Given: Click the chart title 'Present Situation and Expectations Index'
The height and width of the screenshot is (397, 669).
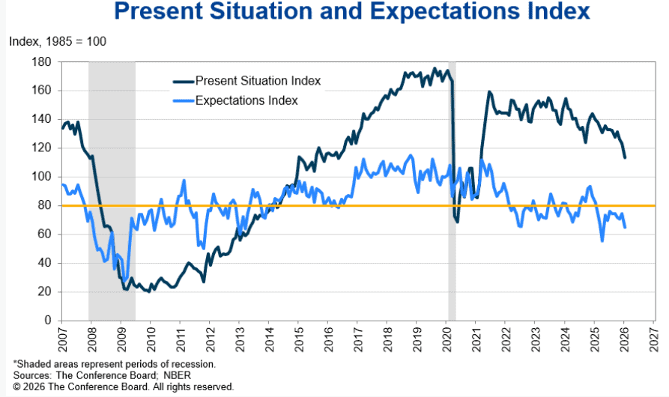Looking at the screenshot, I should coord(352,12).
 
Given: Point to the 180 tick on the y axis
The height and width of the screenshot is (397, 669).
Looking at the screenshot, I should coord(47,61).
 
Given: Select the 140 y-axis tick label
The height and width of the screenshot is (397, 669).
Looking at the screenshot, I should coord(47,119).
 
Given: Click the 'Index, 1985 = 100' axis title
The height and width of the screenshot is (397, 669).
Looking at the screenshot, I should coord(58,40).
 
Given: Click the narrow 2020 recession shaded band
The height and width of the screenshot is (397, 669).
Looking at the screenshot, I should coord(452,225).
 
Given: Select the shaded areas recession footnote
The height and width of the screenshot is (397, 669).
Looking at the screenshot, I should coord(115,365).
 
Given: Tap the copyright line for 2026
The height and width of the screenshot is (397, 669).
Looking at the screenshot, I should coord(123,387).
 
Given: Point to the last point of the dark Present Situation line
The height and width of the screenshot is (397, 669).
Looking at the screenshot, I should coord(625,157).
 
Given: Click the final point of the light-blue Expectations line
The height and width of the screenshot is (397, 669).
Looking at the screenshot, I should coord(625,227).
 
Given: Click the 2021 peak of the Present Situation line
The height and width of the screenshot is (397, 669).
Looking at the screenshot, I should coord(489,92).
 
